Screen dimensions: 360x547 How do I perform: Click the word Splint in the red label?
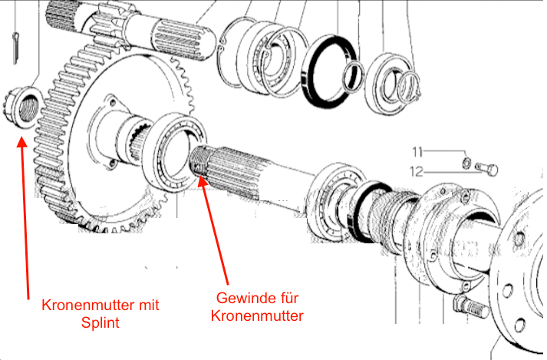pos(100,322)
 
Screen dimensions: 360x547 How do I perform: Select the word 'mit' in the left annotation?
pos(147,306)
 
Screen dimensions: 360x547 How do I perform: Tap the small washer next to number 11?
pos(467,163)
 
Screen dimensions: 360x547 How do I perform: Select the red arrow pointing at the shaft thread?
pos(216,230)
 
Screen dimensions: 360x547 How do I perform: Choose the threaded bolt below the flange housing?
pos(470,307)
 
